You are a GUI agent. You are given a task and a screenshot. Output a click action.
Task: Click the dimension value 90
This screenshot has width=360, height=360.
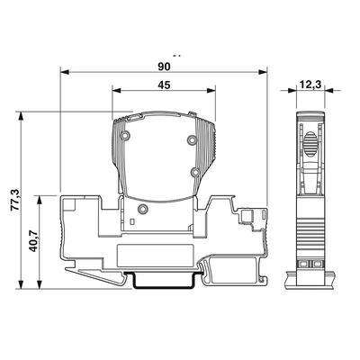click(x=164, y=66)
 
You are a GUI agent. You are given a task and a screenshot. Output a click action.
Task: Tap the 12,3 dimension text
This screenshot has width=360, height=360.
click(x=310, y=85)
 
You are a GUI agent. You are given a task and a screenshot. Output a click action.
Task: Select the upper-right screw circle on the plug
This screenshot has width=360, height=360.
click(x=192, y=140)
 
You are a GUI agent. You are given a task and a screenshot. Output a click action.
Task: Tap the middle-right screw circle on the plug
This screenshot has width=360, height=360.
click(x=193, y=170)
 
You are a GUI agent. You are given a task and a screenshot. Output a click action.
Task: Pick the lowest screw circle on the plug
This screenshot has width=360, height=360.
click(x=139, y=208)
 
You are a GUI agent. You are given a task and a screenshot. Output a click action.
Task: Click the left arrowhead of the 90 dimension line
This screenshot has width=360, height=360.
click(x=65, y=73)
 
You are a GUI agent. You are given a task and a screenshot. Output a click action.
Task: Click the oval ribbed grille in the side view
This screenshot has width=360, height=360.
click(x=310, y=144)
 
